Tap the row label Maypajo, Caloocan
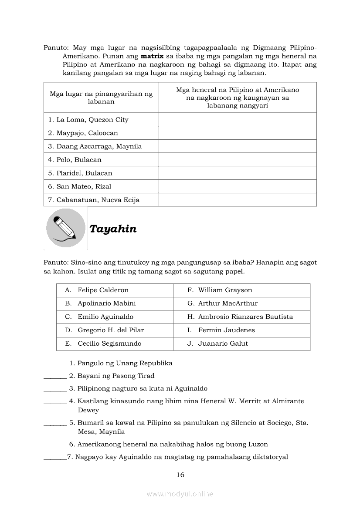83,133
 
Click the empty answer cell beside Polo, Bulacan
238,160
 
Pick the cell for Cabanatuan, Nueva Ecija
94,200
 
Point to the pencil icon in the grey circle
65,228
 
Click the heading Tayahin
113,229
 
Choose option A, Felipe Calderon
103,290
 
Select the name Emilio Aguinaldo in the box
105,317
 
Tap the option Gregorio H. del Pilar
111,330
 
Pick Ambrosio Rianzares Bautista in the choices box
245,317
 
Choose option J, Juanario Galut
223,344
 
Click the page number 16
180,475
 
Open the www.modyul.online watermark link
180,494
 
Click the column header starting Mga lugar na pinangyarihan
101,98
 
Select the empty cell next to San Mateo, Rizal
238,187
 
